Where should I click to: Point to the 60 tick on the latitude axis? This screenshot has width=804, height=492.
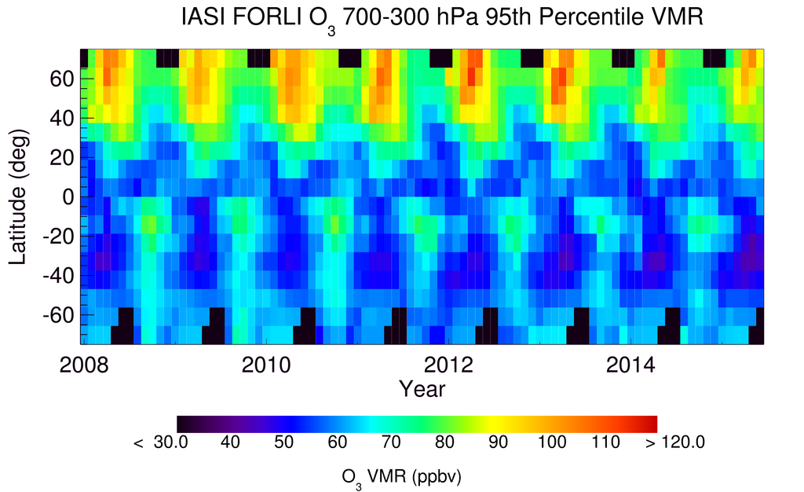coord(63,79)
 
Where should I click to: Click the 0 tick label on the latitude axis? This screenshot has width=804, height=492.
coord(68,197)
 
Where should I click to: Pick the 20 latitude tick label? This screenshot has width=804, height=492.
coord(63,158)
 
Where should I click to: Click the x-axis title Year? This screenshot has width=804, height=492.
coord(422,389)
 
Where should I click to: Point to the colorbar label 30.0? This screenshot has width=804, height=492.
coord(171,442)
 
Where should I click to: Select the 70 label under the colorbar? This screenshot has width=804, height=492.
coord(390,442)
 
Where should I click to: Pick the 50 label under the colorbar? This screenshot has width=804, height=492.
coord(283,442)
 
